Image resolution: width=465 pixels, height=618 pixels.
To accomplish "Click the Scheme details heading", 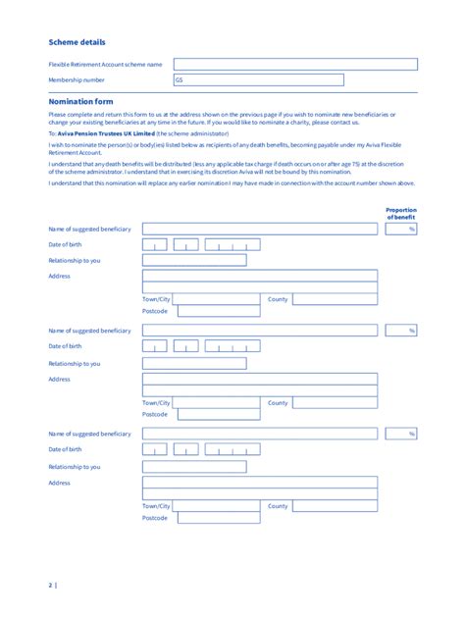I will point(77,42).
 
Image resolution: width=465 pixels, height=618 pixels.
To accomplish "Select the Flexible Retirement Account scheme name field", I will point(295,64).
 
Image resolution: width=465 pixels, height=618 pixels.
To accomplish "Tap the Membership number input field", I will point(295,80).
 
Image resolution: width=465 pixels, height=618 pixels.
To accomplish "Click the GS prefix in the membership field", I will point(180,80).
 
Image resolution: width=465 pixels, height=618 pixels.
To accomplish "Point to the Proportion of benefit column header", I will point(401,213).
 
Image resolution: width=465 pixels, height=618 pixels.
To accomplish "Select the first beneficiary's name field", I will point(260,229).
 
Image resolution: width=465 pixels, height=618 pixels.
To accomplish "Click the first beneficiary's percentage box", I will point(401,229).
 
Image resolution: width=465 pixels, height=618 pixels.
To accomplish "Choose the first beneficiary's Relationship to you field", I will point(194,260).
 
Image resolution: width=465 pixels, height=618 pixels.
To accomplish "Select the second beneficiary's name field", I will point(260,332).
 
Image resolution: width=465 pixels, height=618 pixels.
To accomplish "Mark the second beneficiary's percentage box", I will point(401,332).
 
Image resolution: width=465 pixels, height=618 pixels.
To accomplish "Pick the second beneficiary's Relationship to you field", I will point(194,364).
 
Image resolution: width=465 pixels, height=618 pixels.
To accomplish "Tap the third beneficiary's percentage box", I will point(401,434).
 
